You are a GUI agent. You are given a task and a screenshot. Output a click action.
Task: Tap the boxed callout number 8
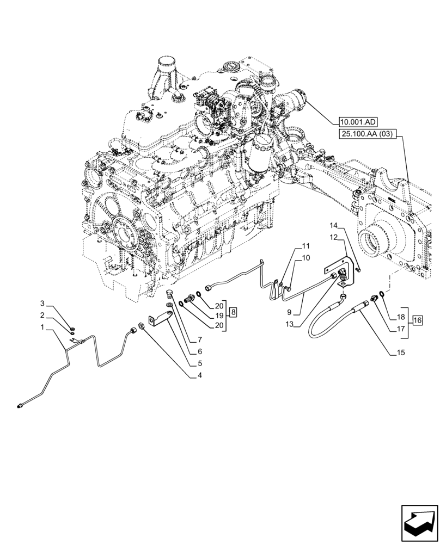[x=233, y=312]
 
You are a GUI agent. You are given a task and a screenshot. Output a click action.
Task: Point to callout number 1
[x=42, y=327]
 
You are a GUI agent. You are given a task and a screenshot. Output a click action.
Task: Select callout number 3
[x=42, y=302]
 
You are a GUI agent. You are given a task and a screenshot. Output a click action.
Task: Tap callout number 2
[x=42, y=315]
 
